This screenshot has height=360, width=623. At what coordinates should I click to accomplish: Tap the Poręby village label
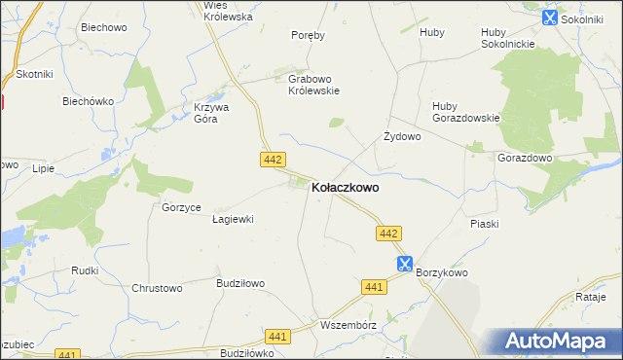pos(308,35)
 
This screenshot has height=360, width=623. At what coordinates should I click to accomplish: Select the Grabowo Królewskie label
pos(313,85)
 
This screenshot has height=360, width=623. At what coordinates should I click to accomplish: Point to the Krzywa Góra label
pos(211,113)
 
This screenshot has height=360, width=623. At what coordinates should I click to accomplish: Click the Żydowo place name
pos(402,137)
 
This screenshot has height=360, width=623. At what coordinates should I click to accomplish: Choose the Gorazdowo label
pos(525,158)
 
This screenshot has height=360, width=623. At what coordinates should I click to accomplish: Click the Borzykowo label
pos(443,273)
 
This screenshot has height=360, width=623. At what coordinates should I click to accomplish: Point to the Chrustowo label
pos(158,288)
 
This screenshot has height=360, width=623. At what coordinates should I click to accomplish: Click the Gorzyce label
pos(182,208)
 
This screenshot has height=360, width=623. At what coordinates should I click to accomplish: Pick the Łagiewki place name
pos(233,220)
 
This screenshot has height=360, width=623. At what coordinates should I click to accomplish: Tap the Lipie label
pos(43,168)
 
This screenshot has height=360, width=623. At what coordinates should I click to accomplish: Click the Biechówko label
pos(89,101)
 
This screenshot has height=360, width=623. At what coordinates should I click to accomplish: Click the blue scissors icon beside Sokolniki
pos(550,17)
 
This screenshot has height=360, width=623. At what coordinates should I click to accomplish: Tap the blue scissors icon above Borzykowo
pos(405,263)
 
